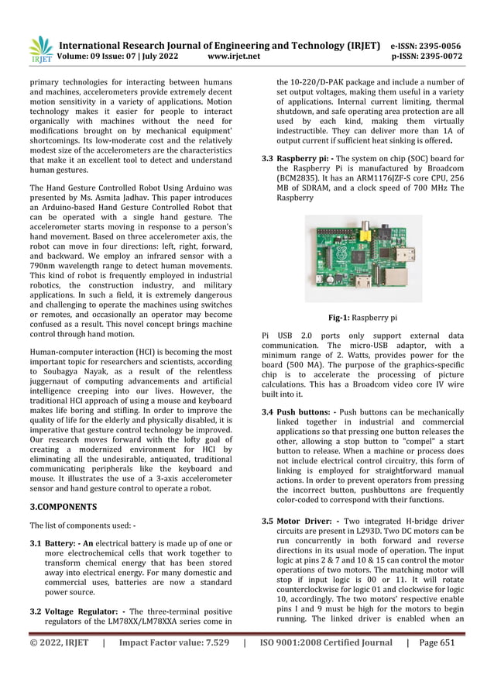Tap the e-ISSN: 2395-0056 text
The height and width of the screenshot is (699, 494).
pyautogui.click(x=426, y=46)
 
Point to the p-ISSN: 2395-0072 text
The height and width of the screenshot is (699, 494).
pyautogui.click(x=427, y=57)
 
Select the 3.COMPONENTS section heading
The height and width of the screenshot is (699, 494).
pyautogui.click(x=63, y=507)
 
